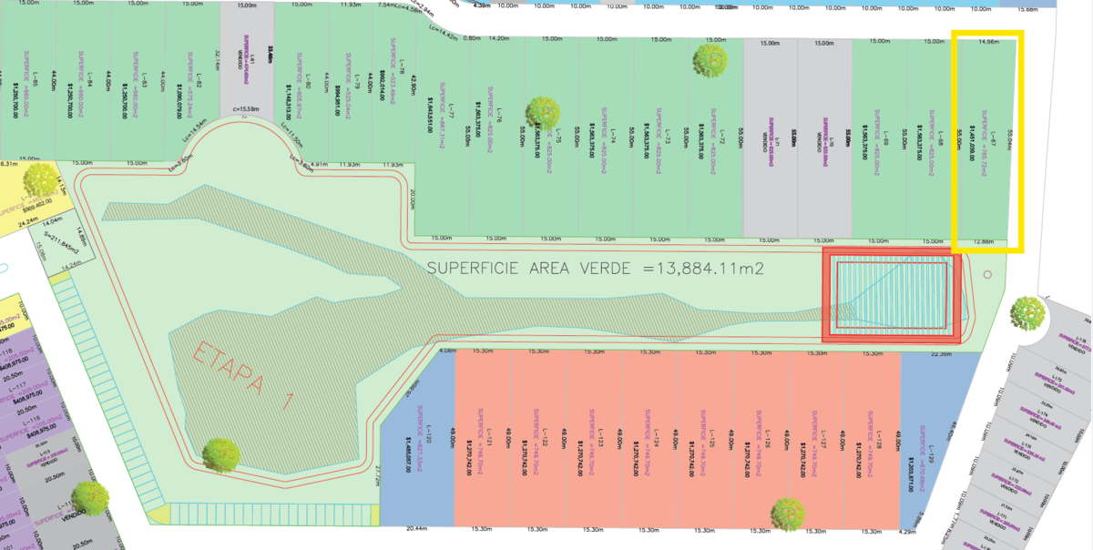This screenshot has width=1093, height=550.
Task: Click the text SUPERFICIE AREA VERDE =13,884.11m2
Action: tap(595, 269)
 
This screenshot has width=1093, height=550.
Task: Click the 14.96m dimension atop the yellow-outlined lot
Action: tap(987, 42)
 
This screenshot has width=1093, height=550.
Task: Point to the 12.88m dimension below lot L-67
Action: tap(984, 242)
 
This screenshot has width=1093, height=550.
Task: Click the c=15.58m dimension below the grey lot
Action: tap(248, 111)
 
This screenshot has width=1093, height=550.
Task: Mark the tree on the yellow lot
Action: tap(42, 180)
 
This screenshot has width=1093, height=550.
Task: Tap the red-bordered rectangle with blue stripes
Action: tap(893, 291)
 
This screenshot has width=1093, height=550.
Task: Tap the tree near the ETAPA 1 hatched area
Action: tap(221, 453)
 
